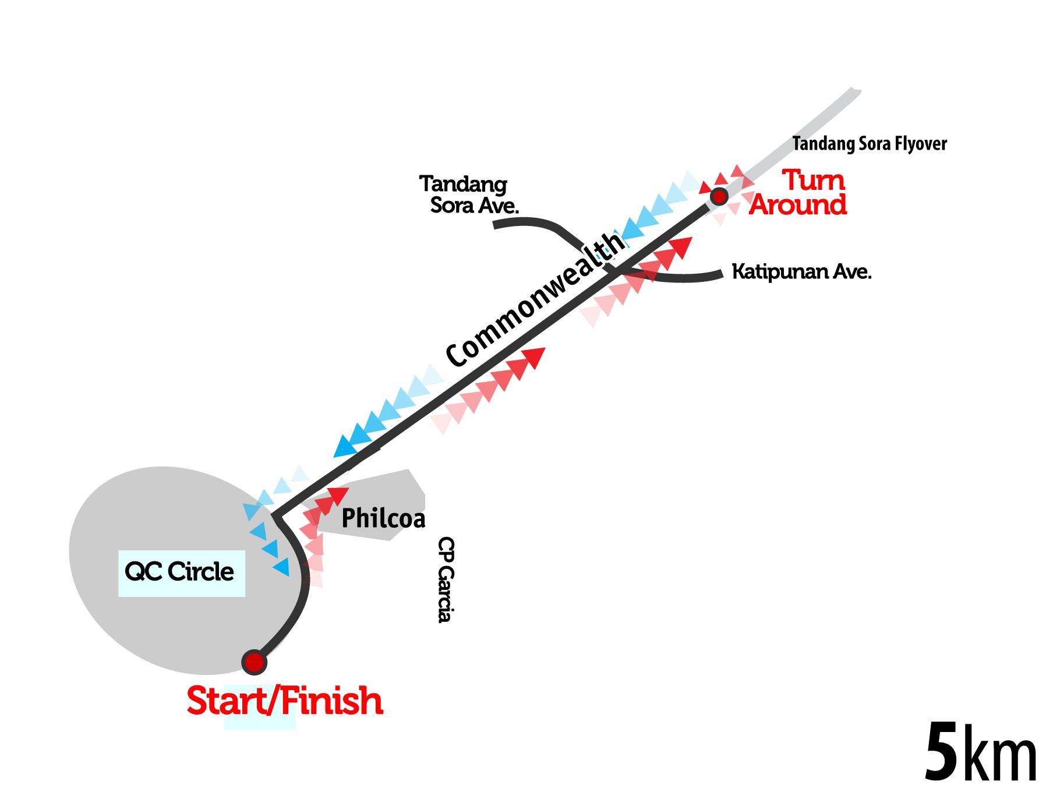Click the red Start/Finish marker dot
pos(254,662)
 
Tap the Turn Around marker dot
pos(720,196)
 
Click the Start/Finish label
pos(285,701)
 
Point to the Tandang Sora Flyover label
pos(870,144)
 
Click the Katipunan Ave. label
pos(801,272)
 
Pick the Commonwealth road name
pos(536,300)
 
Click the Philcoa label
pos(383,518)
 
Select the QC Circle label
pos(179,572)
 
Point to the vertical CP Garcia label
pos(446,579)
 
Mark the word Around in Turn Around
pos(798,206)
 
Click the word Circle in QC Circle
pos(200,572)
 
